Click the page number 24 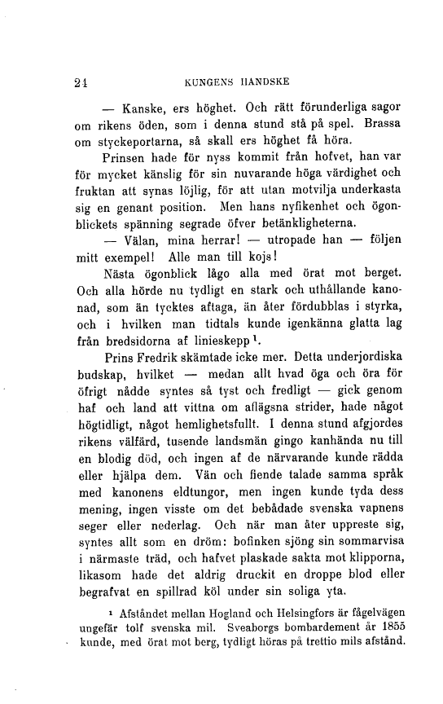pos(80,81)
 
